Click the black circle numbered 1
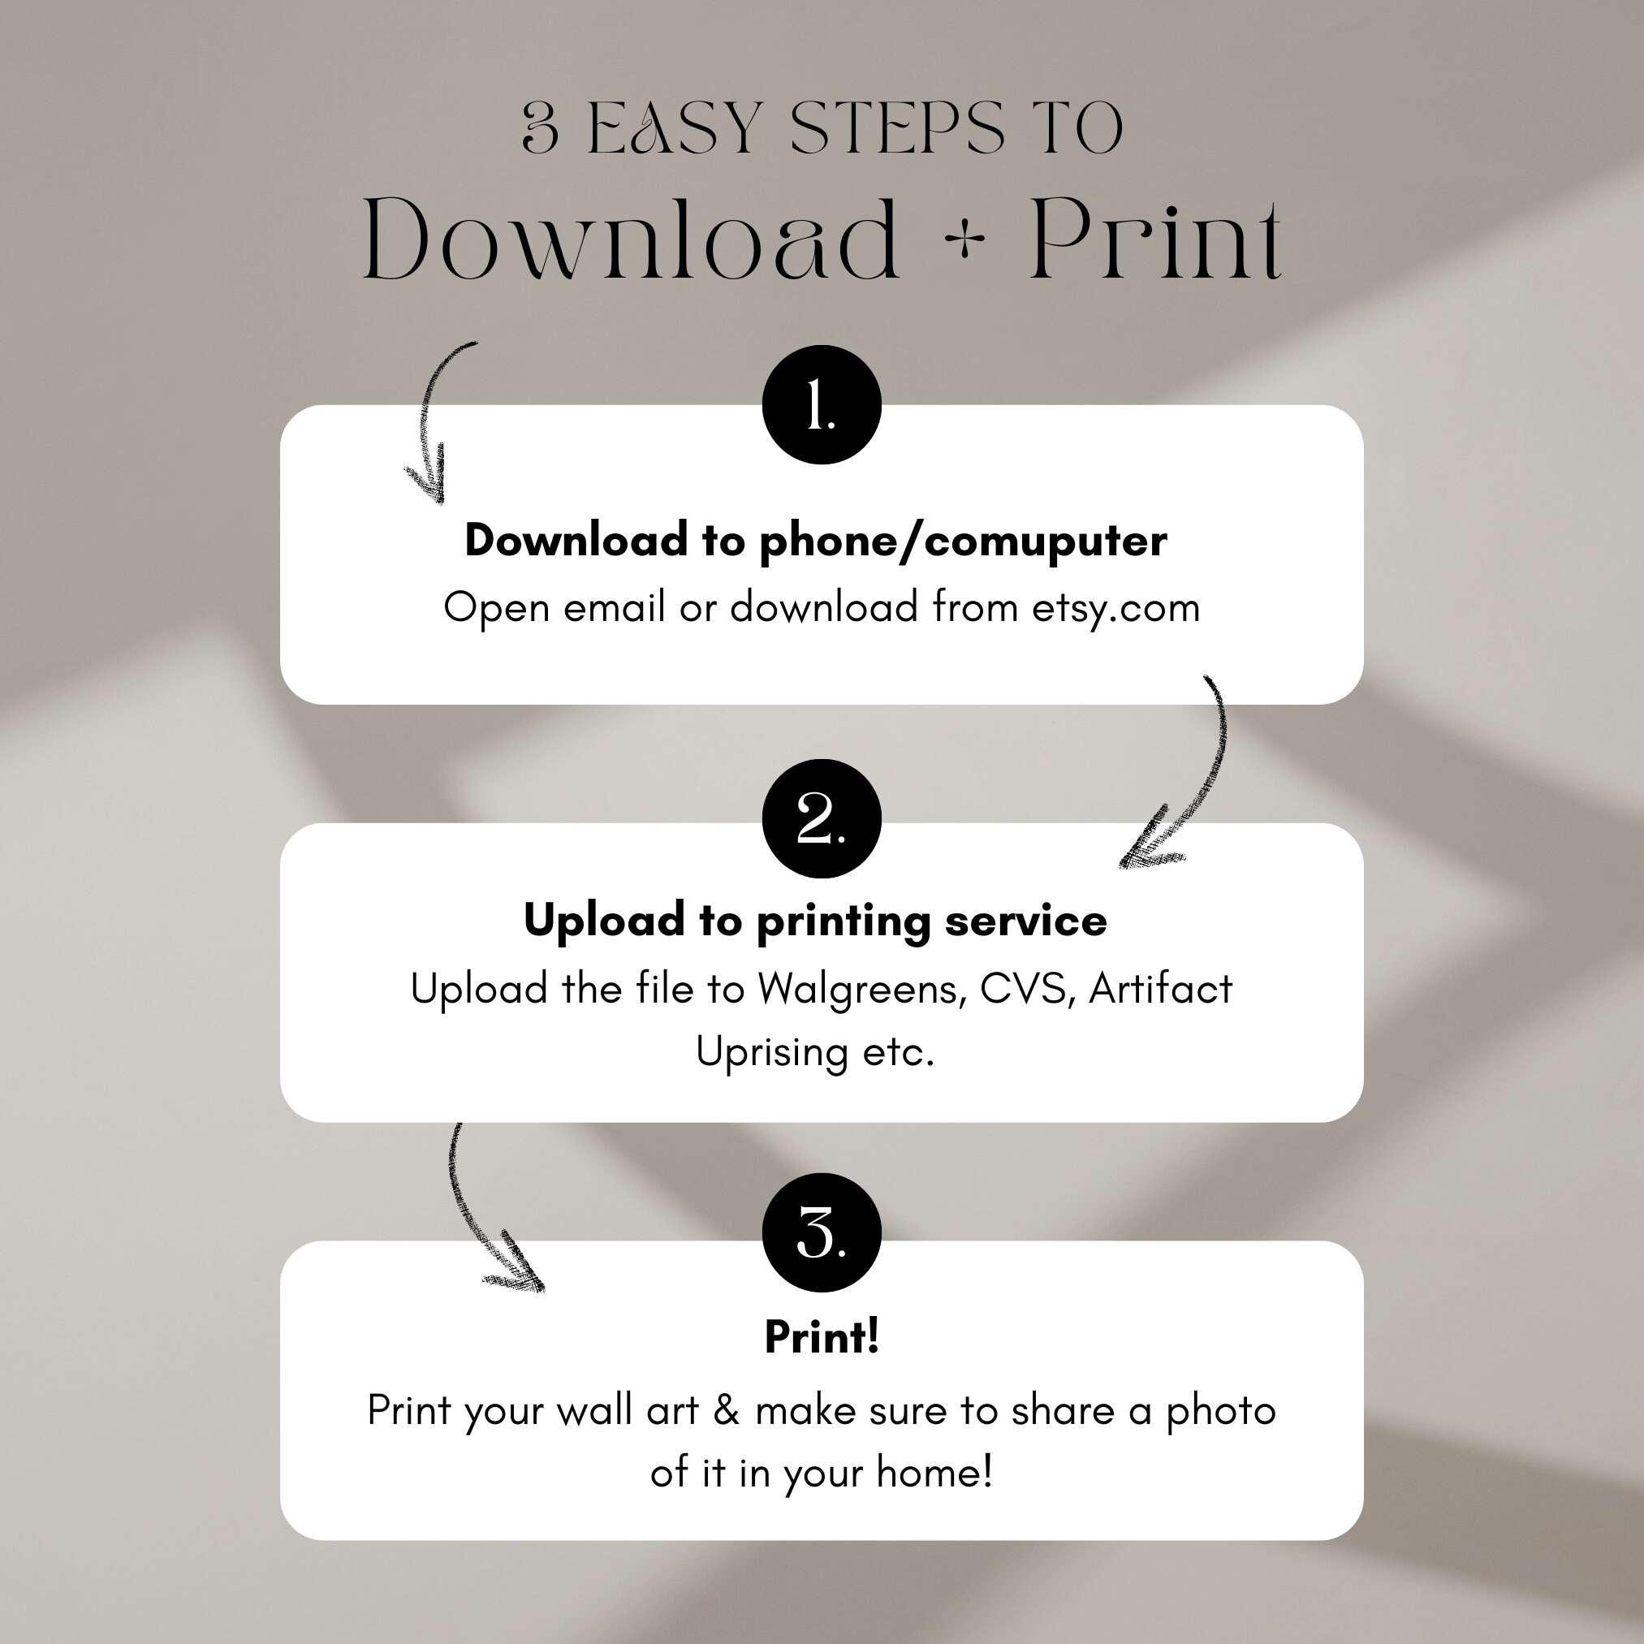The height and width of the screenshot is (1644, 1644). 821,405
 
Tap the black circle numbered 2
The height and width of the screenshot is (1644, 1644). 821,818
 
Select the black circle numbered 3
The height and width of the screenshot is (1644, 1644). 821,1232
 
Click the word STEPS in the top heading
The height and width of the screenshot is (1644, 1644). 897,128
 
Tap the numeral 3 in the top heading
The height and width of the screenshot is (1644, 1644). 541,128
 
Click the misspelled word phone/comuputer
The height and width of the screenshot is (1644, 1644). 963,542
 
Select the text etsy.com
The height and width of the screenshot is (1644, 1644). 1115,607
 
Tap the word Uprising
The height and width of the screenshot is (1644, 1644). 772,1053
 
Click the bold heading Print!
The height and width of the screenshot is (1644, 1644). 821,1337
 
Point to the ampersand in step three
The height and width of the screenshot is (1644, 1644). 726,1410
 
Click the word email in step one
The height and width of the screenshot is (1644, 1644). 614,607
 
